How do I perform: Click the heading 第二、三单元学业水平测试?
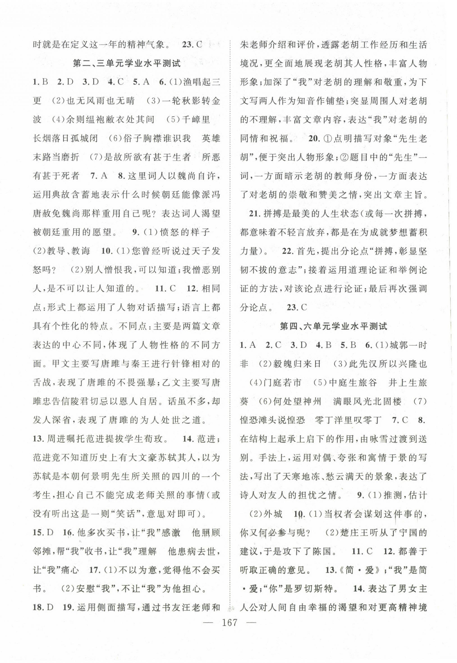click(x=127, y=63)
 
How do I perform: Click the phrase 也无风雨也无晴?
click(x=100, y=101)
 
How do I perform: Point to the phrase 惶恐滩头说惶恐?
click(x=272, y=420)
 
